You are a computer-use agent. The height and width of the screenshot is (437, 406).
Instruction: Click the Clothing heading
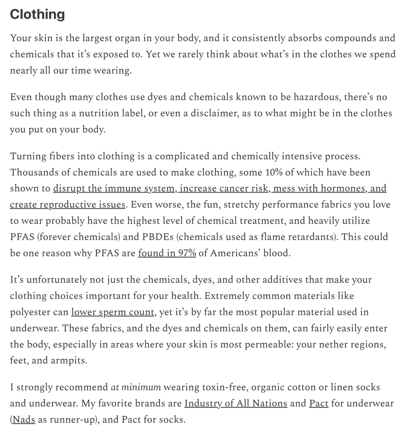(37, 14)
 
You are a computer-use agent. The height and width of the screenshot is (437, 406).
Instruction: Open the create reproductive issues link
(68, 205)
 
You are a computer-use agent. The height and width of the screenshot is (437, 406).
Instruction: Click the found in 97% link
(167, 253)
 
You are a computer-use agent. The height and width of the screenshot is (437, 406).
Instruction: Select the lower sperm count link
(113, 312)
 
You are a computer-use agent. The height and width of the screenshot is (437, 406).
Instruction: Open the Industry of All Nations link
(236, 403)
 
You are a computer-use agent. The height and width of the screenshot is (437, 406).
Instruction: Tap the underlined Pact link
(319, 403)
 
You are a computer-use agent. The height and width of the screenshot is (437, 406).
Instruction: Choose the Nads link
(24, 420)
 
